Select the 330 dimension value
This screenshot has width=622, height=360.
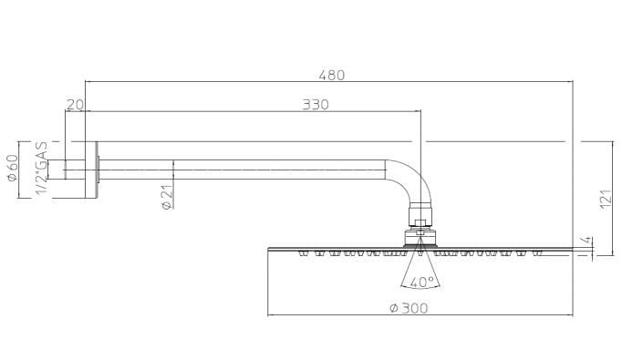coord(315,105)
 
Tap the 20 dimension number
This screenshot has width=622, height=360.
coord(76,105)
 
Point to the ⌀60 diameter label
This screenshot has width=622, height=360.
coord(14,167)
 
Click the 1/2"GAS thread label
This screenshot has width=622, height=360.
coord(40,169)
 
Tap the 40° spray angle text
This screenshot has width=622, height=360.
coord(420,282)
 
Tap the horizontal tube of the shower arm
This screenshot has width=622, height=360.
coord(246,169)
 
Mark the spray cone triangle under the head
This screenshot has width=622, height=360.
coord(420,267)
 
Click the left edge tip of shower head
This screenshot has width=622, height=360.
coord(270,248)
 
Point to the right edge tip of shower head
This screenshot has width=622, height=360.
coord(571,248)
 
